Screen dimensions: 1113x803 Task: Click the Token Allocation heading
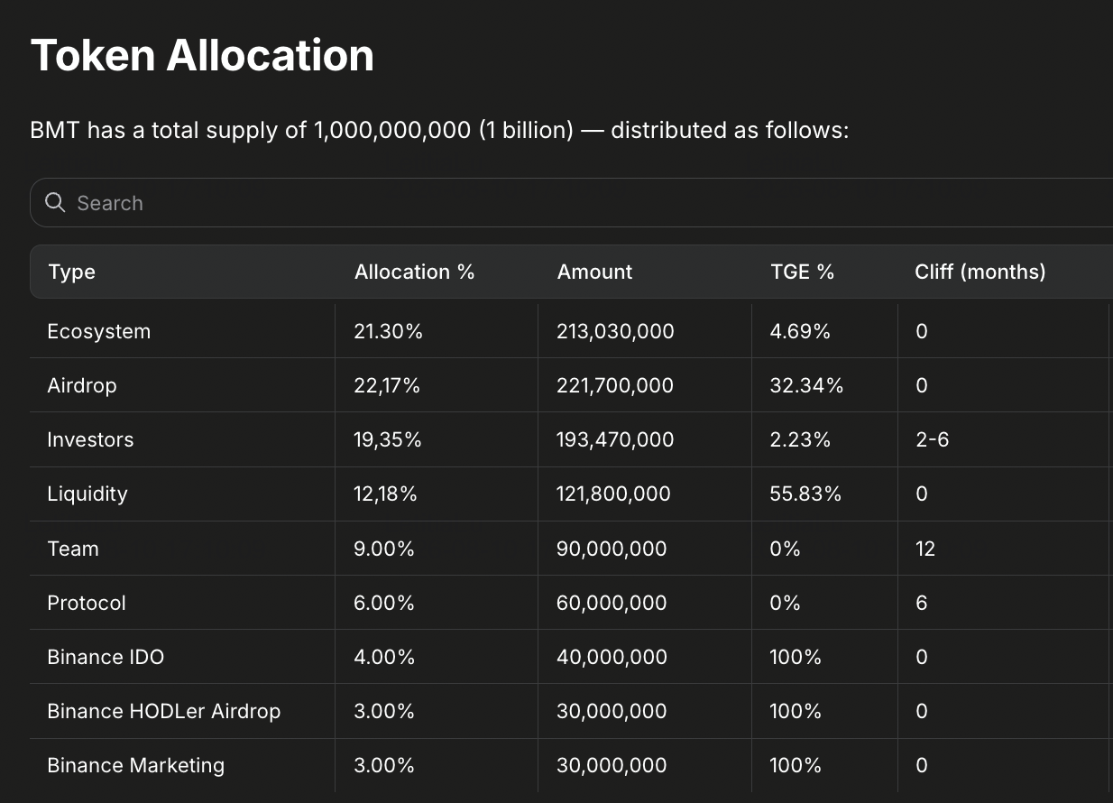[x=202, y=56]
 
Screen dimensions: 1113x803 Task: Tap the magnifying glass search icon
[x=55, y=202]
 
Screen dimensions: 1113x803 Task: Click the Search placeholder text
[x=110, y=203]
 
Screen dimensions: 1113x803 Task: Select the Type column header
[x=71, y=272]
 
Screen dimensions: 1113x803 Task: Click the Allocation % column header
[x=414, y=272]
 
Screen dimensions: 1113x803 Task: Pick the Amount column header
[x=594, y=272]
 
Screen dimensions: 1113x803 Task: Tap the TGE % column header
[x=802, y=272]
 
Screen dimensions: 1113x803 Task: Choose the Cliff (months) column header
[x=980, y=272]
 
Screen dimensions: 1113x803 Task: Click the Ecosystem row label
[x=99, y=331]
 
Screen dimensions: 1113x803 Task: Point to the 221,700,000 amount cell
[x=614, y=385]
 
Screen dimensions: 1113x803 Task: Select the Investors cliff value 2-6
[x=932, y=439]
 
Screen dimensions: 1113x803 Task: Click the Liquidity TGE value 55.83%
[x=805, y=494]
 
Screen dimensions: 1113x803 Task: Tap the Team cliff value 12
[x=925, y=549]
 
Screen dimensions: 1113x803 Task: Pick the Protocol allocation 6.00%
[x=383, y=603]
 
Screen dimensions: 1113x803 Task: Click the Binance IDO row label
[x=106, y=657]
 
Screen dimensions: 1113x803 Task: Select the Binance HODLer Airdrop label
[x=164, y=711]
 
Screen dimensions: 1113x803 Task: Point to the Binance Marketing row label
[x=135, y=766]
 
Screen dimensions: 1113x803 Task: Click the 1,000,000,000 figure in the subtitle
[x=392, y=130]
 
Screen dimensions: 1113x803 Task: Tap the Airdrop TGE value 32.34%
[x=806, y=385]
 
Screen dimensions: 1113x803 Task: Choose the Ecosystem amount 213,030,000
[x=615, y=331]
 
